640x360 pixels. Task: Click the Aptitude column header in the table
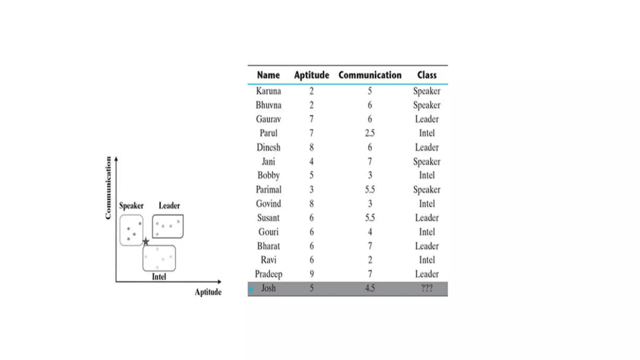point(311,75)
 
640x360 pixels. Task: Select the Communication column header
point(370,75)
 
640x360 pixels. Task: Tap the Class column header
point(427,75)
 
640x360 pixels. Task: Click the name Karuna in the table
point(268,91)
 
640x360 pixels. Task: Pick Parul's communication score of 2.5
point(370,133)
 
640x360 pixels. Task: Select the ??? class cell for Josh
point(427,288)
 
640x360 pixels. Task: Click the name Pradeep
point(268,274)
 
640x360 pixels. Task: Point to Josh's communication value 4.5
point(370,288)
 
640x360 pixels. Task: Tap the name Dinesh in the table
point(268,147)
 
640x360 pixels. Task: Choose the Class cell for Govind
point(427,204)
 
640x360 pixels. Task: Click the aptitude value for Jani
point(311,162)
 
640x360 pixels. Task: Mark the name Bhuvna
point(268,105)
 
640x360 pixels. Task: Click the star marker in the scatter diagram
point(146,242)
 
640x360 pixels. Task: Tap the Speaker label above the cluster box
point(131,206)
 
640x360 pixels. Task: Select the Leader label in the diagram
point(169,206)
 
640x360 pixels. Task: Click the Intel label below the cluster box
point(159,277)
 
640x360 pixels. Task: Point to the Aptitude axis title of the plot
point(208,292)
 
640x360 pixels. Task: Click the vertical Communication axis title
point(108,187)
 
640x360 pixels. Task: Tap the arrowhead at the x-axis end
point(220,282)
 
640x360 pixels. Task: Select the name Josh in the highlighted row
point(268,288)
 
